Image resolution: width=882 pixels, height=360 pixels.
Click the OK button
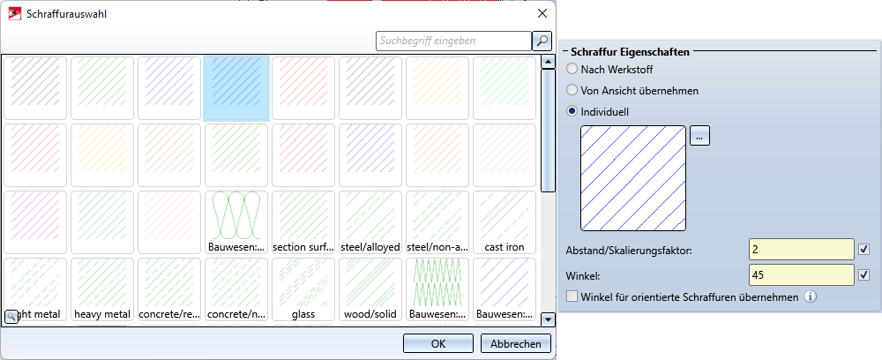coord(437,344)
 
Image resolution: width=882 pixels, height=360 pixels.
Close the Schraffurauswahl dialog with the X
coord(541,14)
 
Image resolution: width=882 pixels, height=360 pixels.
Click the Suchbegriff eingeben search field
coord(452,41)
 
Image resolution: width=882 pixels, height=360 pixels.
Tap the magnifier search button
coord(542,41)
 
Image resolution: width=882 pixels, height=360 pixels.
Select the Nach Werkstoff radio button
coord(573,69)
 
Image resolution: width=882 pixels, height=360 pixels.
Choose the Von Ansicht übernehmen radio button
coord(573,90)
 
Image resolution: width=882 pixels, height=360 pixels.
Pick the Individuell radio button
coord(573,111)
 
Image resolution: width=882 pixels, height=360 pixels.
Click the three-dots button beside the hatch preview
coord(699,136)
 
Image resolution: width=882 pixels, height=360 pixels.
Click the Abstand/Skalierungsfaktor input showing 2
coord(801,251)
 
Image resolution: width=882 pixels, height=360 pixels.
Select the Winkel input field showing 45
coord(801,275)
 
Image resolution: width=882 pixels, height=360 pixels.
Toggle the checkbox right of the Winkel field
coord(864,275)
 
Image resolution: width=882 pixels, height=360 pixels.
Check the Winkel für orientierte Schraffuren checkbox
coord(573,296)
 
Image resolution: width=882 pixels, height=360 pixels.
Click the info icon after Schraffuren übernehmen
coord(810,296)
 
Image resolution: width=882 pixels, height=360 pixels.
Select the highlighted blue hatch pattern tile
coord(235,88)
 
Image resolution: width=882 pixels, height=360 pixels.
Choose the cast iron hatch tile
coord(504,222)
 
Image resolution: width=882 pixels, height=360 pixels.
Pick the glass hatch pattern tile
coord(303,289)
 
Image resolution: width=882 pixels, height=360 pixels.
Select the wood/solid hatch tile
coord(370,289)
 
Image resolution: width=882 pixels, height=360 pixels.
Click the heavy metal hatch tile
coord(101,289)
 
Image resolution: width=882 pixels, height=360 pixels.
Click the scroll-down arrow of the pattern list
coord(548,319)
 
